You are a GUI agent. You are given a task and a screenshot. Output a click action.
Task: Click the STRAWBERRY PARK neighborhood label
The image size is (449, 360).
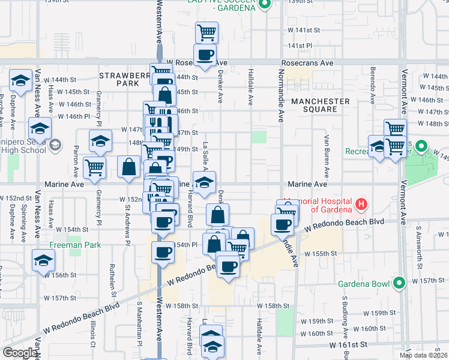tap(124, 80)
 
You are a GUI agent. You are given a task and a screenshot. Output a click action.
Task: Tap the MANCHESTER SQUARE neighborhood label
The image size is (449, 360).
tap(320, 105)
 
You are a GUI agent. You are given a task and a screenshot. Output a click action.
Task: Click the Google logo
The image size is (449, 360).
tap(19, 353)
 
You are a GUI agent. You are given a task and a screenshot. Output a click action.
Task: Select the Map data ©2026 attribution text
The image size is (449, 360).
tap(423, 355)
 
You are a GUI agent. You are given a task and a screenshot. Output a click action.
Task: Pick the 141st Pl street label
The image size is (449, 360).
tap(300, 46)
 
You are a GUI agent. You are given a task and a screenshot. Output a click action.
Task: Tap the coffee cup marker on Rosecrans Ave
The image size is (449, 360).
tap(205, 55)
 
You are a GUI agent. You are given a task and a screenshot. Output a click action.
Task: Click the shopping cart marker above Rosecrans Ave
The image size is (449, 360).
tap(207, 32)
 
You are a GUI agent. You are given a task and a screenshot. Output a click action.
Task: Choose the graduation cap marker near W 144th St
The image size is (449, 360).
tap(20, 80)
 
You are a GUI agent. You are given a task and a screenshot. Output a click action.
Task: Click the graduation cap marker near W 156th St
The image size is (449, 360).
tap(43, 260)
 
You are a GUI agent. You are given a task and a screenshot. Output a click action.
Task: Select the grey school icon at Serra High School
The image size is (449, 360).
tap(55, 145)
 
